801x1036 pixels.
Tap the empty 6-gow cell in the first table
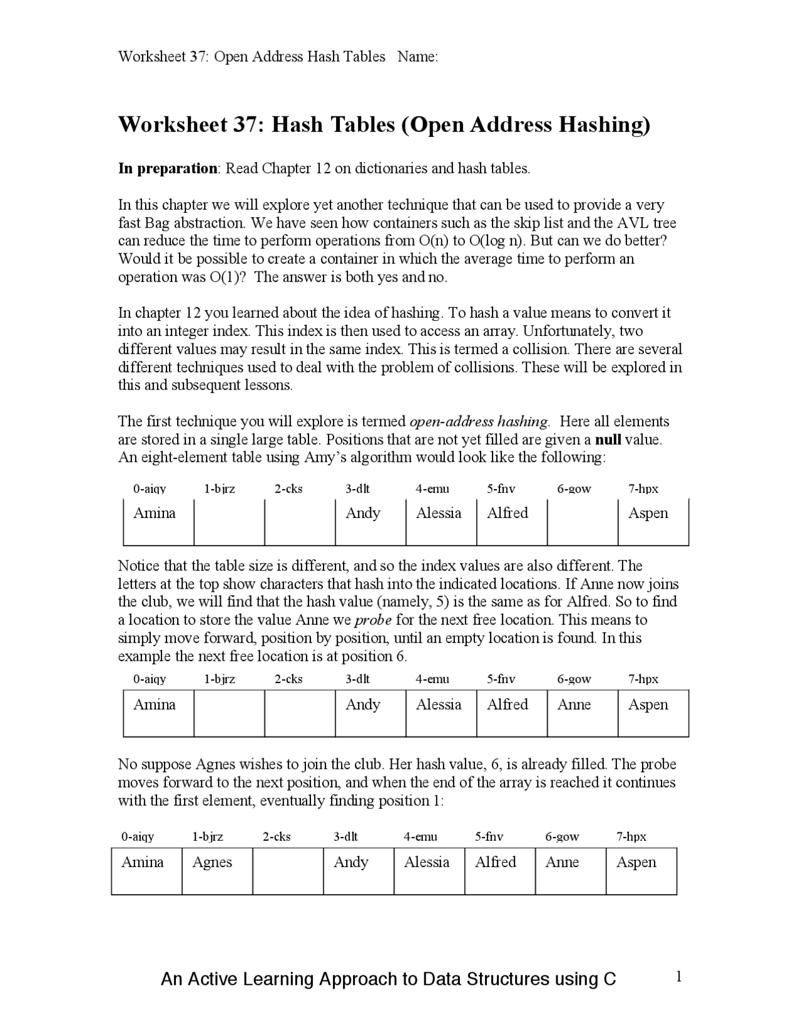coord(582,522)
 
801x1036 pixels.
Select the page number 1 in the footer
coord(678,977)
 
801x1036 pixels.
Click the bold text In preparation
coord(167,168)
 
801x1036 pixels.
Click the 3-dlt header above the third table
coord(345,836)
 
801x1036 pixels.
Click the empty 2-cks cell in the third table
coord(288,871)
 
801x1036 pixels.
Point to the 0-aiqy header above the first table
coord(150,489)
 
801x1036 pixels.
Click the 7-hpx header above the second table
coord(643,679)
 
